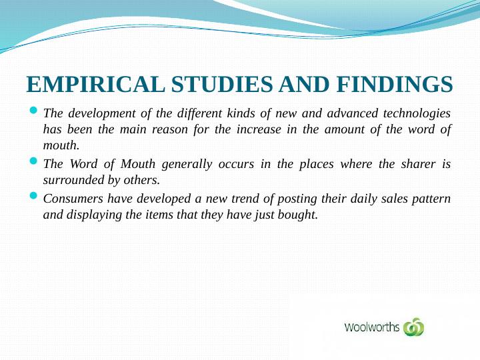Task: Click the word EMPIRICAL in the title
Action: click(x=95, y=84)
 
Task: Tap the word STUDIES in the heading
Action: click(x=222, y=84)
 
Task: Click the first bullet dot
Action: click(x=34, y=109)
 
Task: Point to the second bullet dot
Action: click(x=34, y=161)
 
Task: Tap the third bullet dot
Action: click(x=34, y=195)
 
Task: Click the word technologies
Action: click(x=417, y=114)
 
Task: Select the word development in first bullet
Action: click(x=101, y=114)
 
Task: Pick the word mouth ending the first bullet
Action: click(x=61, y=146)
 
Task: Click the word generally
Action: click(x=187, y=165)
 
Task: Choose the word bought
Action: click(x=298, y=215)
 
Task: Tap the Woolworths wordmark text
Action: click(x=372, y=327)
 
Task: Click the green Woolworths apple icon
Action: click(x=414, y=327)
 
